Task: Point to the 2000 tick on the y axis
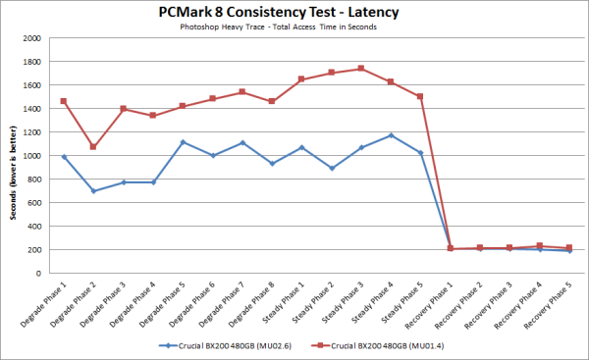click(x=32, y=38)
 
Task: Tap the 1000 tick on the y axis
click(x=32, y=156)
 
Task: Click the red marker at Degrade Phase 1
click(x=64, y=101)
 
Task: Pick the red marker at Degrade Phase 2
click(x=93, y=147)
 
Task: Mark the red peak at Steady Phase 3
click(x=361, y=69)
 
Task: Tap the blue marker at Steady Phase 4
click(x=391, y=135)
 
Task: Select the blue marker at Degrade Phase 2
click(x=93, y=190)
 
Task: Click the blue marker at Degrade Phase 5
click(x=183, y=142)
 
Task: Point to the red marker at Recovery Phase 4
click(x=539, y=246)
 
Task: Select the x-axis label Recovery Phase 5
click(x=554, y=304)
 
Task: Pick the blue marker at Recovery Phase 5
click(x=568, y=251)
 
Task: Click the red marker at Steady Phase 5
click(x=420, y=96)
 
